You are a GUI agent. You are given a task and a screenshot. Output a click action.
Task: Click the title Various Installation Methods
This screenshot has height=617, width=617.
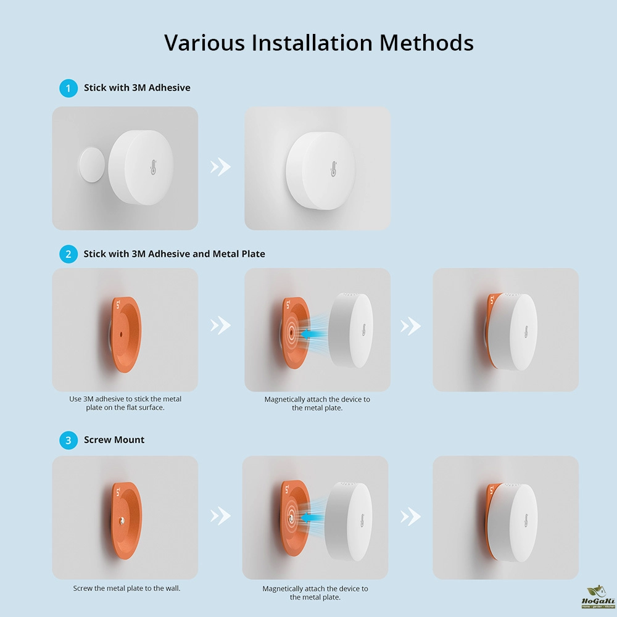(319, 43)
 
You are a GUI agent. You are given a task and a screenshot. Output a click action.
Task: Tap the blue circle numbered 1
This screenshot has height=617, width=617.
(68, 88)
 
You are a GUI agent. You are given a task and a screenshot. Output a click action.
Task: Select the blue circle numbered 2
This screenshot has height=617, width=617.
(68, 254)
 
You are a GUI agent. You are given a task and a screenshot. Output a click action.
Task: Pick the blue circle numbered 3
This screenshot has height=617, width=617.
(68, 440)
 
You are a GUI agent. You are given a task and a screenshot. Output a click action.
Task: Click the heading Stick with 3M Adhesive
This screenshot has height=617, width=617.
(137, 88)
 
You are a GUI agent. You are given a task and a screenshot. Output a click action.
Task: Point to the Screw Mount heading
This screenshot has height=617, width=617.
(114, 439)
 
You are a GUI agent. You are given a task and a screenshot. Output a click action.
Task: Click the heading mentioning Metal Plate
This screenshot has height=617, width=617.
(175, 254)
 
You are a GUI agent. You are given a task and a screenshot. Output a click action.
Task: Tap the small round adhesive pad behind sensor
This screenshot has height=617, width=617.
(92, 165)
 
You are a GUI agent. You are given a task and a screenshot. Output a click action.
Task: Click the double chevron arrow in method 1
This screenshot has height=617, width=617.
(220, 167)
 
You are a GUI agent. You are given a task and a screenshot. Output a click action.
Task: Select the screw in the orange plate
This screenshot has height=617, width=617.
(122, 521)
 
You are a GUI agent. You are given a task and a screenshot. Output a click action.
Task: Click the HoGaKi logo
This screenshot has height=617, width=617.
(598, 597)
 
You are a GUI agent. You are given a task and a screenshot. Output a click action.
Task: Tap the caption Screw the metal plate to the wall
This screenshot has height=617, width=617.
(126, 588)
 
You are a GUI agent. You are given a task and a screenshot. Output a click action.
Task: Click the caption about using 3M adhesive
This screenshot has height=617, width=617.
(125, 404)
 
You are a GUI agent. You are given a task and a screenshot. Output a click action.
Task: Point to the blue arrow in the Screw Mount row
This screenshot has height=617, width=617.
(310, 518)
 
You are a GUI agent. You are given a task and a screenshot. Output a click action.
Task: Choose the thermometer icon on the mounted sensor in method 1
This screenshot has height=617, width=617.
(333, 169)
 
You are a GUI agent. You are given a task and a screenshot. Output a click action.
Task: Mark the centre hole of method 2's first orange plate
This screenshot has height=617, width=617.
(121, 335)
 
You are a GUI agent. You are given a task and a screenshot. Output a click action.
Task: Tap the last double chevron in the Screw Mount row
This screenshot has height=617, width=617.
(411, 516)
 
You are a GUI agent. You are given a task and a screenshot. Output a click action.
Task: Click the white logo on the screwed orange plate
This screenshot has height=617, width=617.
(118, 492)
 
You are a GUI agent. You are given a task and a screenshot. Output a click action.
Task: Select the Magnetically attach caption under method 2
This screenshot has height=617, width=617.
(317, 404)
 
